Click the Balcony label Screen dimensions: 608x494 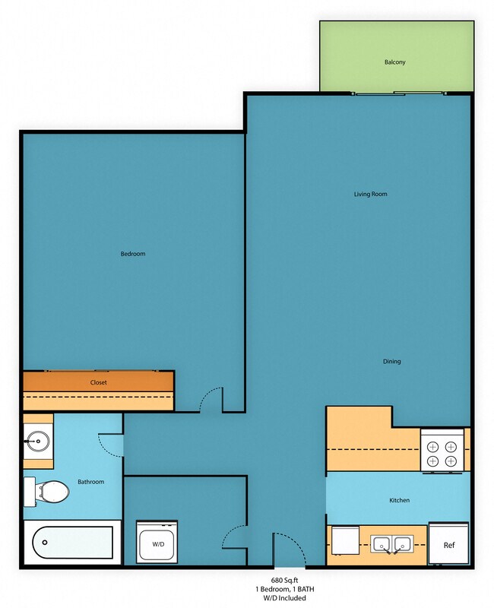(x=394, y=62)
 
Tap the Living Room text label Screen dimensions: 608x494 (x=370, y=194)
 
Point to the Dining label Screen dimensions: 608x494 (x=391, y=361)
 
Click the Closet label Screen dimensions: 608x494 (x=98, y=382)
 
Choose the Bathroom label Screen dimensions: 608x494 (x=90, y=482)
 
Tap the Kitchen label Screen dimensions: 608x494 (x=400, y=500)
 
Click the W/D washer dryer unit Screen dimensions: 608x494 (x=157, y=543)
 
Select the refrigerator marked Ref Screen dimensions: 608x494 (x=448, y=544)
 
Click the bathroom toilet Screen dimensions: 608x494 (x=49, y=491)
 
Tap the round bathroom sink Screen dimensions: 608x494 (x=36, y=439)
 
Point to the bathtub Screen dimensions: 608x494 (x=71, y=543)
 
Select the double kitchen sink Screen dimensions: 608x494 (x=391, y=544)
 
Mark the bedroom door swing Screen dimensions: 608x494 (x=211, y=400)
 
